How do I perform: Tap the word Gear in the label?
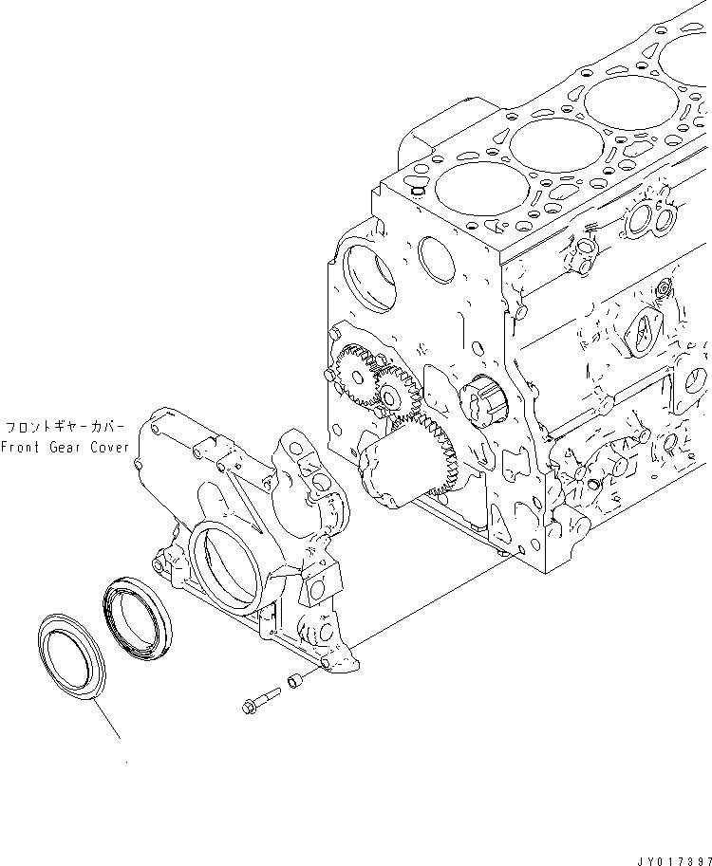(69, 448)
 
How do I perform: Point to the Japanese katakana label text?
(66, 428)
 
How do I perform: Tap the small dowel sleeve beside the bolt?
(294, 680)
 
